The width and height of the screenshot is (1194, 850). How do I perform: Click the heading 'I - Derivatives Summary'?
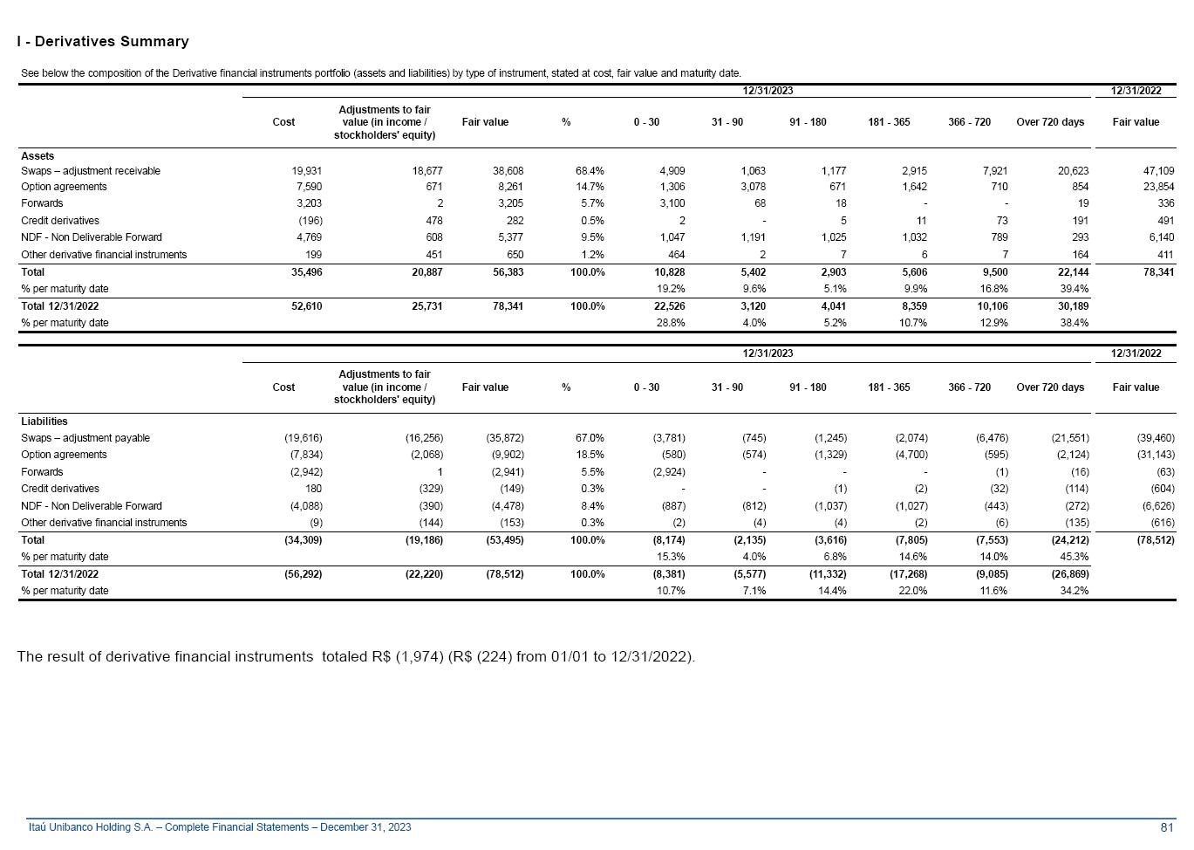103,42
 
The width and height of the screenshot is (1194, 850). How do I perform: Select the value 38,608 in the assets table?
508,171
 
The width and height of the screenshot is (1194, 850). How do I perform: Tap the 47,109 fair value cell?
1158,171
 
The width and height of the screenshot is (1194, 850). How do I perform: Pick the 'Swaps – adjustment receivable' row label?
91,171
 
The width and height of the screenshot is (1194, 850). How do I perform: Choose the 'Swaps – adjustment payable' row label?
85,438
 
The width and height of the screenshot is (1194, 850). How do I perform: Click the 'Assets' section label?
38,156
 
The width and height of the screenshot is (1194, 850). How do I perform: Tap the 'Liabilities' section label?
44,422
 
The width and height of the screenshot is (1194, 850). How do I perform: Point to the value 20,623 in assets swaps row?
1072,171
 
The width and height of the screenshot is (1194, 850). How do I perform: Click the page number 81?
1167,827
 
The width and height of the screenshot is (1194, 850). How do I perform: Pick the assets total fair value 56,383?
508,272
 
